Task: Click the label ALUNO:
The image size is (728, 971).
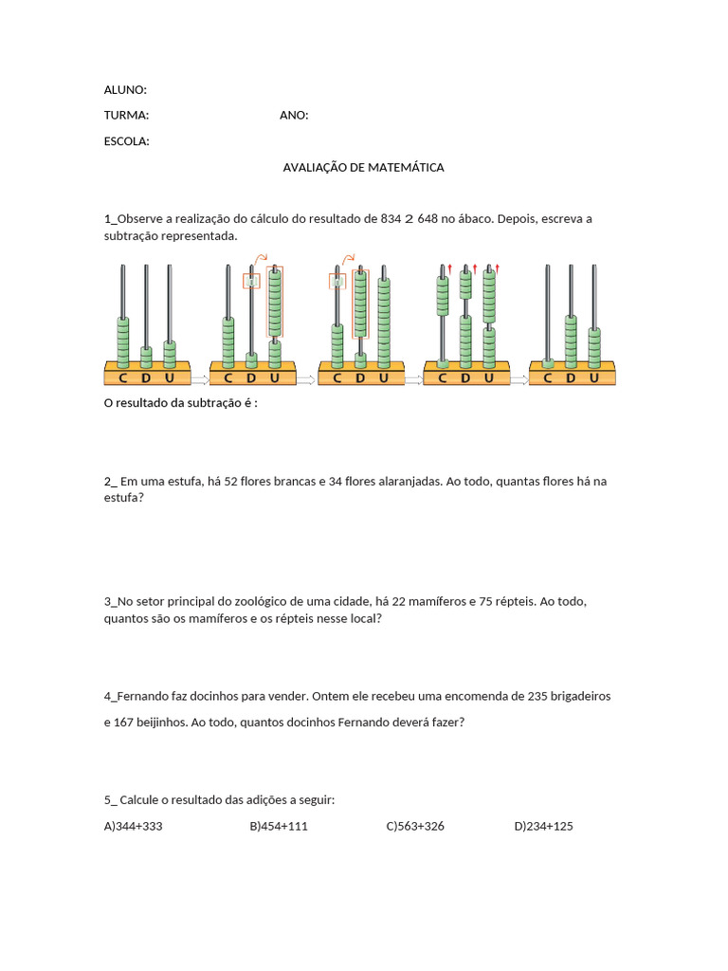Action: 125,90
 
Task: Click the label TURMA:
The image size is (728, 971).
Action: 126,116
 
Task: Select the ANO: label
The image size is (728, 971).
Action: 294,116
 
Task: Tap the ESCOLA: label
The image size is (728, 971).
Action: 126,142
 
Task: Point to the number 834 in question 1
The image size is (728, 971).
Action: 391,219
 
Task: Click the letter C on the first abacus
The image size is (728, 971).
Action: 122,378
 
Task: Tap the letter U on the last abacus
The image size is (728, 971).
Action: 594,378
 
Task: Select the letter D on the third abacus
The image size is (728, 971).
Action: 360,378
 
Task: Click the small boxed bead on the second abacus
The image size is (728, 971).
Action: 251,281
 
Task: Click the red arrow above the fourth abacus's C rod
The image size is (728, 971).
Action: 450,268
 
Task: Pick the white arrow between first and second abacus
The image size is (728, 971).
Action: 199,379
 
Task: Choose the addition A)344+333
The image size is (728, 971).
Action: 133,827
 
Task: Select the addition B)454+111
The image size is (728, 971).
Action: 279,827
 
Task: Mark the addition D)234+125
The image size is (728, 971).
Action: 543,827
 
